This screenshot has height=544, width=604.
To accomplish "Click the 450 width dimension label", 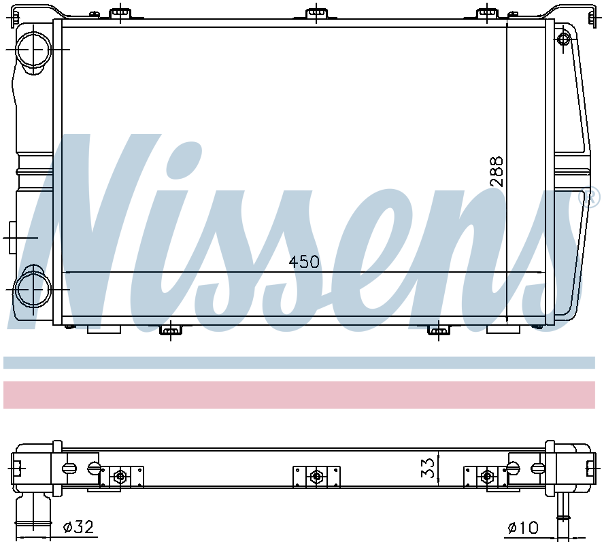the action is [304, 262].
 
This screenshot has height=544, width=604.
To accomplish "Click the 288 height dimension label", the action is [497, 172].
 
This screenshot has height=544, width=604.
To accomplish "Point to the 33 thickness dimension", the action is [428, 467].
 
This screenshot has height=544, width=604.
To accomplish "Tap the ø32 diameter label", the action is [78, 526].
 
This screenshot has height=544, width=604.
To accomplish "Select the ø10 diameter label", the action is [523, 527].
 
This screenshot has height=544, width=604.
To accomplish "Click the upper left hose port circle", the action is [33, 50].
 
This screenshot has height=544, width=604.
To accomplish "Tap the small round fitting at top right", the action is [563, 39].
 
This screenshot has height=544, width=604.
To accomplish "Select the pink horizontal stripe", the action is [299, 394].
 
